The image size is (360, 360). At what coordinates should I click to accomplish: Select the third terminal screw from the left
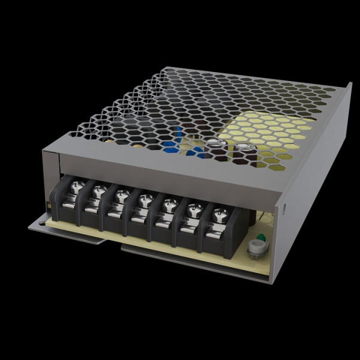point(121,196)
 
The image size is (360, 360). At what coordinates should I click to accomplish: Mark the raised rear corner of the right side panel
point(349,86)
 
